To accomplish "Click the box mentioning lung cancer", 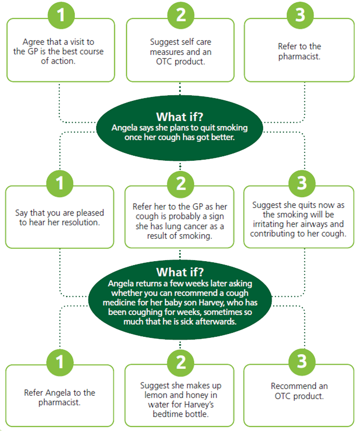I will (180, 221).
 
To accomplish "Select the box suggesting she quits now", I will (299, 218).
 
